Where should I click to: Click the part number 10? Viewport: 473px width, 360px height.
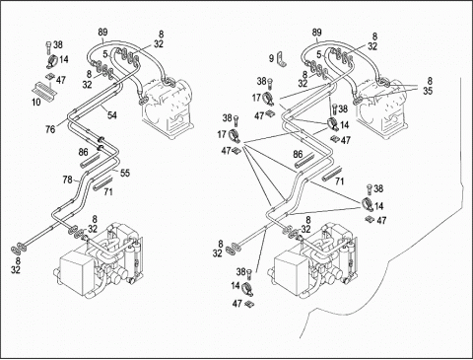(36, 102)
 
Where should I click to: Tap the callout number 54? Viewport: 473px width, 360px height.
(112, 115)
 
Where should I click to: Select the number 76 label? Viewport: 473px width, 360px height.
(50, 129)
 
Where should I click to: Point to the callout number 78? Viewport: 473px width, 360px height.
(68, 180)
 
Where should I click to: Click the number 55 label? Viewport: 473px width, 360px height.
(125, 173)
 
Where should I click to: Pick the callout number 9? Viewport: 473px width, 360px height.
(271, 59)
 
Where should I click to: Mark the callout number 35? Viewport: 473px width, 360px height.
(428, 91)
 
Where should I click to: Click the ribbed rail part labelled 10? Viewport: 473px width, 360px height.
(45, 89)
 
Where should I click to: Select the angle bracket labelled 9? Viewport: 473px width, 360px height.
(282, 59)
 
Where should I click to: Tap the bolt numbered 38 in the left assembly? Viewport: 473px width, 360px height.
(49, 48)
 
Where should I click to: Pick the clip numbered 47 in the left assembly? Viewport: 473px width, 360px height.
(51, 77)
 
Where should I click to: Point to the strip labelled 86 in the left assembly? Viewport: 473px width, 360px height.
(91, 160)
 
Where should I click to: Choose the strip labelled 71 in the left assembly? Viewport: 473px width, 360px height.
(102, 183)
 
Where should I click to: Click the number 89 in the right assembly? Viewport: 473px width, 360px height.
(317, 33)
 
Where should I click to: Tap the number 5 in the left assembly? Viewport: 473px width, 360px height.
(104, 54)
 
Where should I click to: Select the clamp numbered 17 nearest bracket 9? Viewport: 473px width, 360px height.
(268, 99)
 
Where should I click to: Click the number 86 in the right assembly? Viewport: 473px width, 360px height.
(298, 154)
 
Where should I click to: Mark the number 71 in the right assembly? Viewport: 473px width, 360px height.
(340, 181)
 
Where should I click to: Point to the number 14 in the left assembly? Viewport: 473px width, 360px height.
(64, 59)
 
